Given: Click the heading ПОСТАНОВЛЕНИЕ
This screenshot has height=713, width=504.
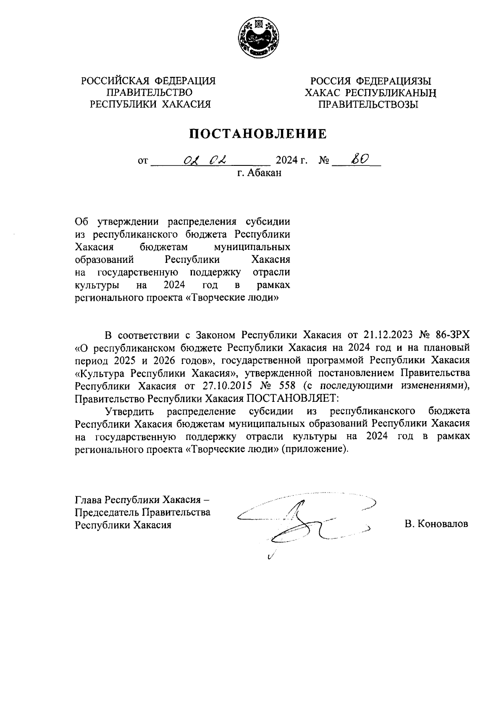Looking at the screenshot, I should point(258,134).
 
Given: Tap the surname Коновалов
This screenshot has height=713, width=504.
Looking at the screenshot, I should point(436,524).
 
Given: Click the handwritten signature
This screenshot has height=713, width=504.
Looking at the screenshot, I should point(302,521).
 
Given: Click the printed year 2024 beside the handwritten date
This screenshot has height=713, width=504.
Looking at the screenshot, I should point(286,160).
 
